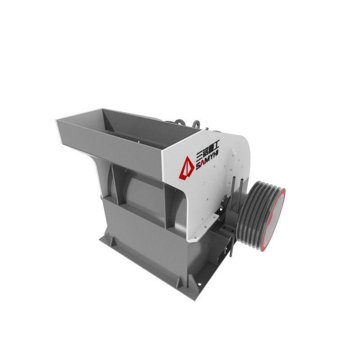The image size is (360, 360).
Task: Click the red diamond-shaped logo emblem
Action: (x=186, y=168)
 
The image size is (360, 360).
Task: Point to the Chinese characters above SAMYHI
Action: (x=207, y=149)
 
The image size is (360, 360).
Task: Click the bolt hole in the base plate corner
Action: (x=199, y=284)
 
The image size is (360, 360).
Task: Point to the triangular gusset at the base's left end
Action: (x=113, y=242)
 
